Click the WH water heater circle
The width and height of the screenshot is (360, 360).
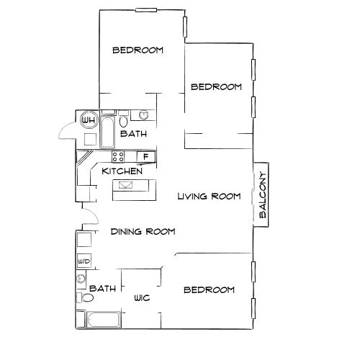(89, 120)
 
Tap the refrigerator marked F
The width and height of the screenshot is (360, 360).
(145, 156)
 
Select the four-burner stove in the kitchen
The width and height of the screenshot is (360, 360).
(118, 156)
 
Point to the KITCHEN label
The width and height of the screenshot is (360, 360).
(121, 171)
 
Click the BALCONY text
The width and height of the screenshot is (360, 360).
(263, 196)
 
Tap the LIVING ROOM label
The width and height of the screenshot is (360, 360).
(209, 196)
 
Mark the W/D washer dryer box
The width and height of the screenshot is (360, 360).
(83, 261)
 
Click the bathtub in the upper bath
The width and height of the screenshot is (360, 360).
(107, 131)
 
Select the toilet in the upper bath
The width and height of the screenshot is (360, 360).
(123, 120)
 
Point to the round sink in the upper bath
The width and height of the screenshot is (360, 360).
(143, 114)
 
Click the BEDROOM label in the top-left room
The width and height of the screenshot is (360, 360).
(138, 50)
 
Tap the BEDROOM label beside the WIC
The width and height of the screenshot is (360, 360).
(210, 290)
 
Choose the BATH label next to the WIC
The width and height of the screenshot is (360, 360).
(103, 289)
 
